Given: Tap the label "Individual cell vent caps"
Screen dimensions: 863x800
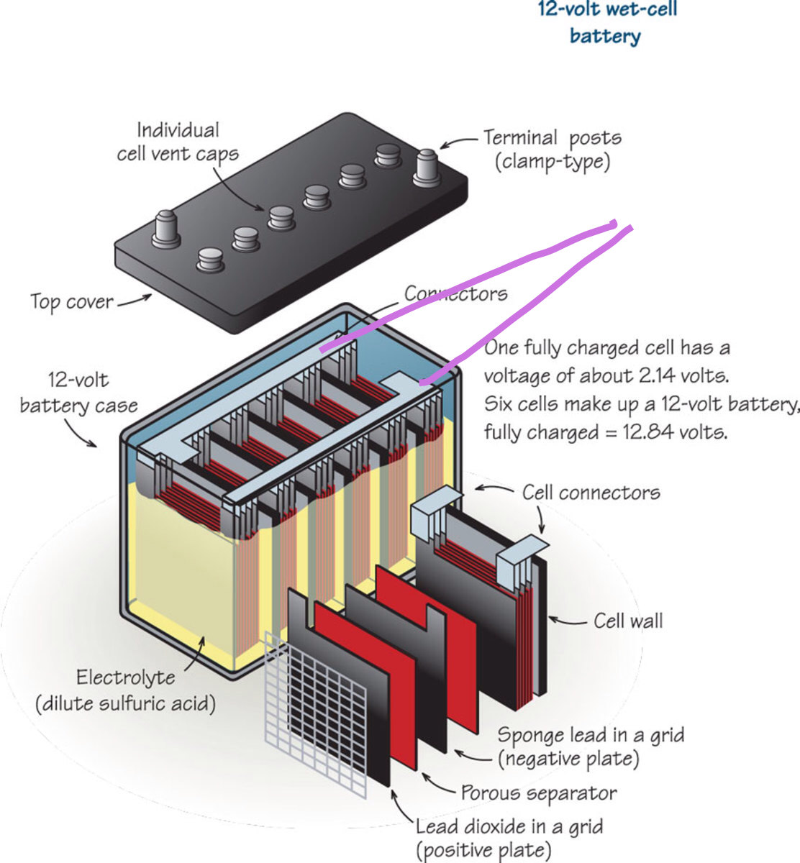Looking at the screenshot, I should click(x=178, y=142).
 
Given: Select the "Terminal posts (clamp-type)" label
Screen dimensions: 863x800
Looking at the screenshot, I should click(x=552, y=149).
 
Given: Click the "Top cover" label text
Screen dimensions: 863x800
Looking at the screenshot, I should click(x=71, y=301).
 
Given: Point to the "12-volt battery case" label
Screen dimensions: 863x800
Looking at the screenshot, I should click(x=78, y=393).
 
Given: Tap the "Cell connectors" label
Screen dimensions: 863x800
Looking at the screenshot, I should click(x=591, y=493).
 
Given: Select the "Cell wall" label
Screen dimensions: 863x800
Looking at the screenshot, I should click(x=628, y=621).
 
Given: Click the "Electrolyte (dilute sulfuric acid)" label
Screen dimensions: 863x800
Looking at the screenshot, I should click(x=126, y=690).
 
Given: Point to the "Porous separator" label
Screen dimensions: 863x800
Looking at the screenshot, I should click(x=539, y=793).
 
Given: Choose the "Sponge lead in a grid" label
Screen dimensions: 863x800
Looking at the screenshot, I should click(x=591, y=736).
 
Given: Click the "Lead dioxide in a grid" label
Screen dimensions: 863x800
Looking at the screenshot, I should click(x=509, y=827).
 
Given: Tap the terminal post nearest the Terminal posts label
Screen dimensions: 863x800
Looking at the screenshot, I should click(x=427, y=167).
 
